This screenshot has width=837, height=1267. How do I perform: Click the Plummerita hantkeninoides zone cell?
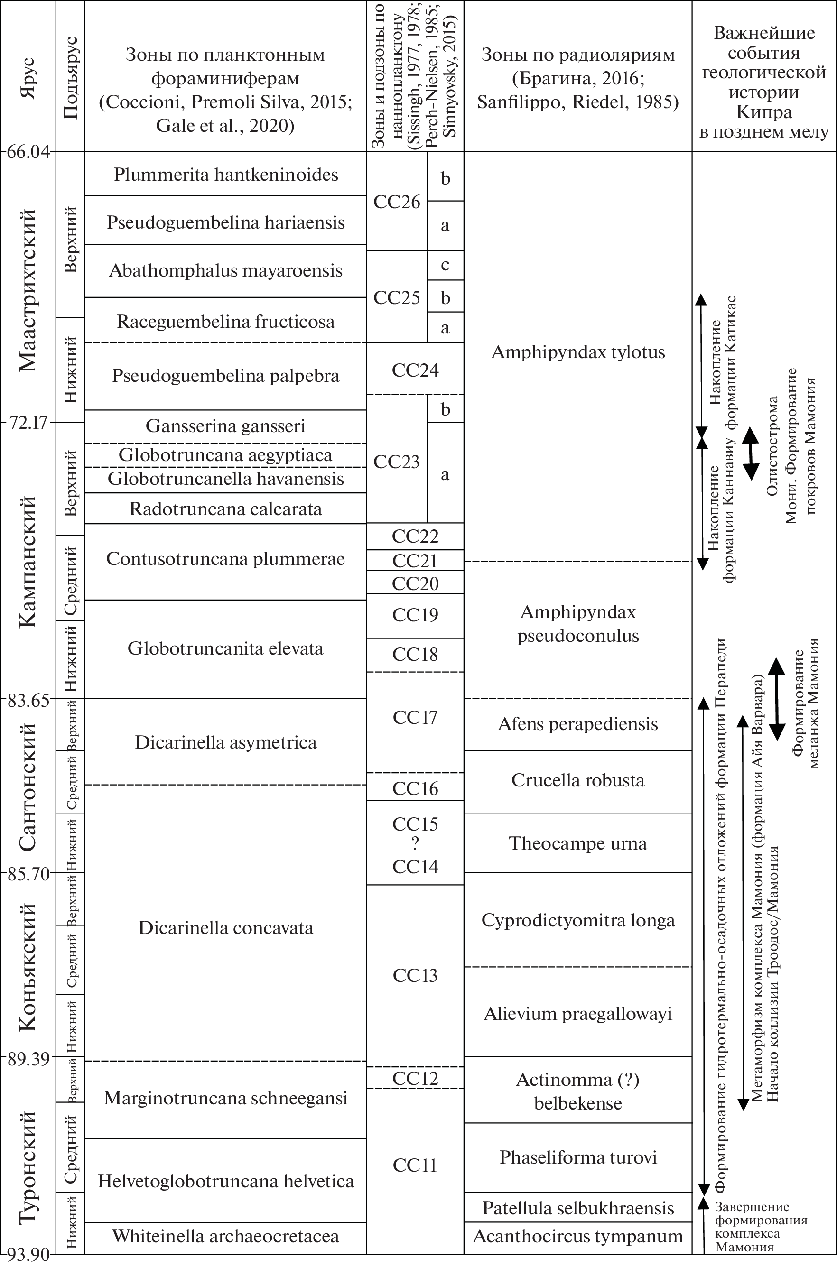tap(225, 175)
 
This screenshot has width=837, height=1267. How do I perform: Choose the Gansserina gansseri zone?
tap(225, 426)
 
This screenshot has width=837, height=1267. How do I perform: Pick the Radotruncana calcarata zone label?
tap(225, 509)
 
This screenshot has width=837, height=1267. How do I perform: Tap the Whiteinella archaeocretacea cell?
tap(225, 1236)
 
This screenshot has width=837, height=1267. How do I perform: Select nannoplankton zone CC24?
tap(415, 370)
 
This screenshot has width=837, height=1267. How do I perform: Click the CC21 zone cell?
tap(415, 561)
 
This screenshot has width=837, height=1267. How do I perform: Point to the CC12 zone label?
tap(415, 1078)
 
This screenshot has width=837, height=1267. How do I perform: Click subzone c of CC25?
tap(445, 265)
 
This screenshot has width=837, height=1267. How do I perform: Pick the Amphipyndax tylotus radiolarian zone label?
tap(577, 352)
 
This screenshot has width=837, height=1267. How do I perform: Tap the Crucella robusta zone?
tap(577, 780)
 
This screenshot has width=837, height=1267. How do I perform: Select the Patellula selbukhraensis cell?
tap(577, 1208)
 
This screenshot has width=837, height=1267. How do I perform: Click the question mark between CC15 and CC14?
tap(415, 844)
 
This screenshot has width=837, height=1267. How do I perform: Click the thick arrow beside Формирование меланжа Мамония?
tap(776, 699)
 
